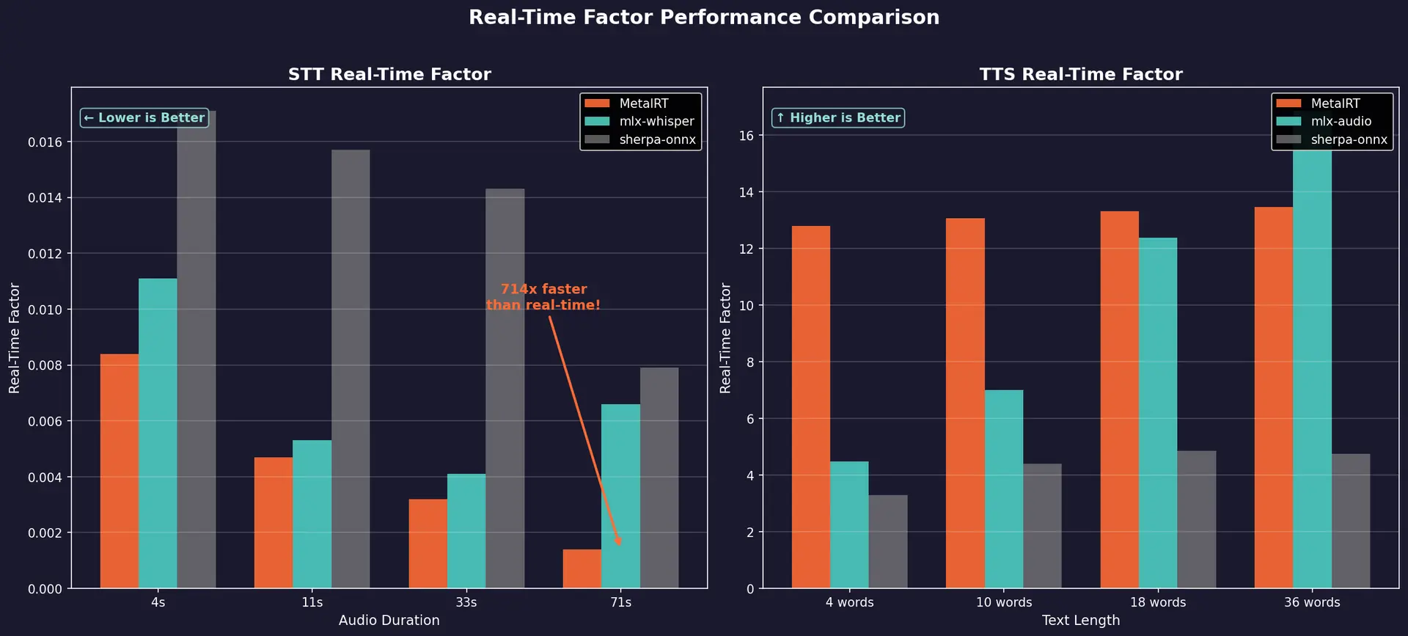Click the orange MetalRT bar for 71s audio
(x=582, y=569)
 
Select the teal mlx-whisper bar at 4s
(x=158, y=433)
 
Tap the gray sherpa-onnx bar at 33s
(x=505, y=389)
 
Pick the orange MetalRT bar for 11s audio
(x=274, y=522)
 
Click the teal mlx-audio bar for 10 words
(x=1003, y=489)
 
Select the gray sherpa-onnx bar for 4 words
(x=887, y=541)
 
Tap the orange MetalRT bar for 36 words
(x=1273, y=398)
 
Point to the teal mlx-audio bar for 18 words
(x=1157, y=413)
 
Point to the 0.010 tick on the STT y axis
(x=45, y=310)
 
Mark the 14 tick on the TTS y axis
(x=746, y=192)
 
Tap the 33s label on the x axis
(x=466, y=602)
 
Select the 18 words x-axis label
(x=1157, y=602)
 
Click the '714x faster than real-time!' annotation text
(x=543, y=297)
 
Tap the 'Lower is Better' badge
(x=144, y=118)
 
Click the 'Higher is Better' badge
(x=837, y=118)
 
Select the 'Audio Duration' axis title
(x=389, y=621)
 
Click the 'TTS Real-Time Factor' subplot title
(x=1080, y=74)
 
